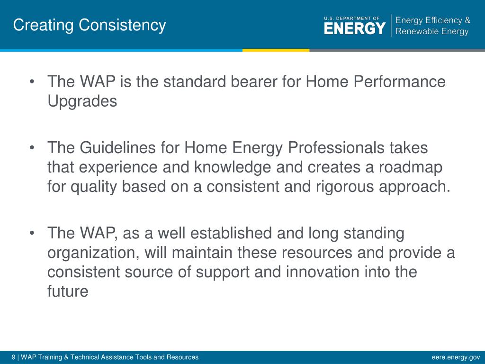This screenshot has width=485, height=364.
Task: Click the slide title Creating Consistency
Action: (90, 26)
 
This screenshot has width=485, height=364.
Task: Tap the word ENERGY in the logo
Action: (355, 28)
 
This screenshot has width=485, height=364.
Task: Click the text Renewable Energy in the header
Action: (432, 32)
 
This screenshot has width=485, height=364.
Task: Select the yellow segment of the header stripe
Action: (276, 50)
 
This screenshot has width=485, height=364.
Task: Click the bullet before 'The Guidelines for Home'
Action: (32, 148)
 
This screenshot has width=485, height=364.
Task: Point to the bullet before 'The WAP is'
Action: (32, 82)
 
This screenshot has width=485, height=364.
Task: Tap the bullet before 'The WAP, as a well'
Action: (32, 233)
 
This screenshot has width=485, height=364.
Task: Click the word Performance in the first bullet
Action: (399, 82)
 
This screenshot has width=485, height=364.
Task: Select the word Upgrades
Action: (82, 101)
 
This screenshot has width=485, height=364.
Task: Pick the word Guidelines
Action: (117, 147)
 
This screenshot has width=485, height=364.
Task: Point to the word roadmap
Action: (411, 168)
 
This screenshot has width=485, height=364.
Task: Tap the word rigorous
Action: (345, 187)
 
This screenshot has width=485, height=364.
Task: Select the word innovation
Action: (322, 272)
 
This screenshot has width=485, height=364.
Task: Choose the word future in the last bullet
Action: (68, 291)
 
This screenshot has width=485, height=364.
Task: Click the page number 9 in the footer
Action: (13, 357)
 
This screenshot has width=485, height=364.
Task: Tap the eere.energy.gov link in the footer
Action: (456, 357)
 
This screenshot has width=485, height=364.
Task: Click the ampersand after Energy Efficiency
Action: (467, 20)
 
